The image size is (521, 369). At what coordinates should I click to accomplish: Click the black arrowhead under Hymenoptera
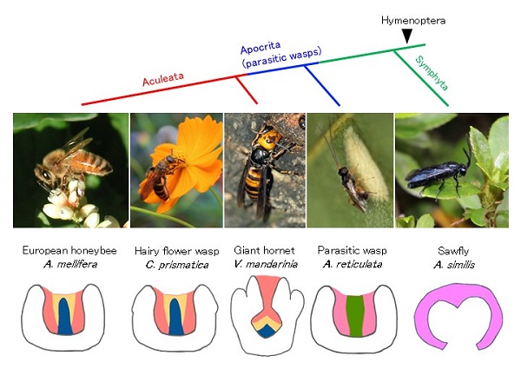click(x=407, y=36)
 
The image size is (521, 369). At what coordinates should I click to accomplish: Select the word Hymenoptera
click(x=413, y=21)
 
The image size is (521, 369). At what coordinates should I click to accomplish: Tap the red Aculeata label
click(x=163, y=79)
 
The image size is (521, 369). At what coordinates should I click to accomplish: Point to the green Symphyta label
click(x=432, y=73)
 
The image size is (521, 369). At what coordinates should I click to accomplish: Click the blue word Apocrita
click(x=260, y=48)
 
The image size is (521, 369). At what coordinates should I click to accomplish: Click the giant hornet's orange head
click(x=270, y=137)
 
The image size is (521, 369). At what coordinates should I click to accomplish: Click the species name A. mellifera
click(x=70, y=265)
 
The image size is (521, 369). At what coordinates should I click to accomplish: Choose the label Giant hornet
click(x=264, y=250)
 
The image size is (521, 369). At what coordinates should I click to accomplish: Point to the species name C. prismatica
click(x=177, y=265)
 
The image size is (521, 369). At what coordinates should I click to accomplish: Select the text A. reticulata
click(x=353, y=265)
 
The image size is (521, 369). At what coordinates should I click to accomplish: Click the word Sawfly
click(x=453, y=251)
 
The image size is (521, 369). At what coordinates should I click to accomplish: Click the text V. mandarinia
click(x=266, y=265)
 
